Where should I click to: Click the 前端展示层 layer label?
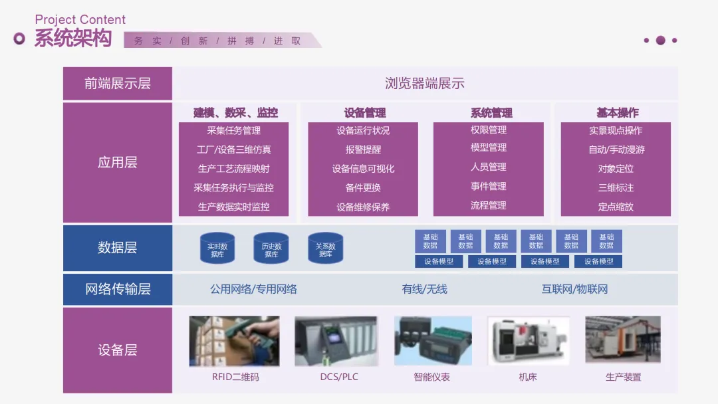click(118, 83)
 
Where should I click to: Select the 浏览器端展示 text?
click(425, 83)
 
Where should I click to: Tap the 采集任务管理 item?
click(233, 131)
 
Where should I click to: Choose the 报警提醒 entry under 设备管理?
click(363, 150)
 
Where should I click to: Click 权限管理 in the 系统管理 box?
click(489, 130)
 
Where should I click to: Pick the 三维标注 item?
click(616, 187)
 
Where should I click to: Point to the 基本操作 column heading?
click(617, 112)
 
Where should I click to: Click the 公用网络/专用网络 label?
click(253, 289)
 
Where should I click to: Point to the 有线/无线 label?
click(424, 289)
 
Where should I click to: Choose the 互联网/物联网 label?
click(574, 289)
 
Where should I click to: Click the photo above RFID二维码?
click(234, 341)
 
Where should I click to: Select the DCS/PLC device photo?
click(339, 341)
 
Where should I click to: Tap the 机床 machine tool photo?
click(529, 341)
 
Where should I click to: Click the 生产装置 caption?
click(623, 377)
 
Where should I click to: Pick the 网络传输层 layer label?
click(118, 289)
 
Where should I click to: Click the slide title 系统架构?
click(73, 39)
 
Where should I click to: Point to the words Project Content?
click(80, 20)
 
